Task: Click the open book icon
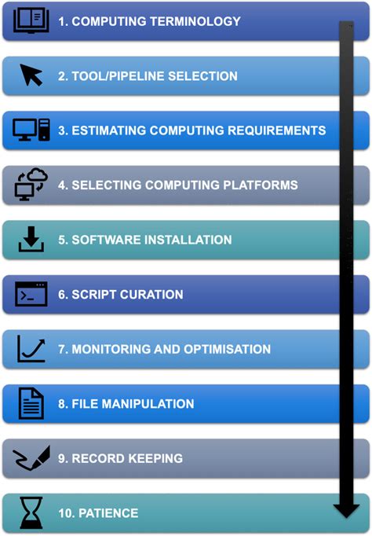pos(31,21)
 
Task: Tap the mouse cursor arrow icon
pos(31,75)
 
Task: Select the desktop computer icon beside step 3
pos(31,130)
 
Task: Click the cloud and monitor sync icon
pos(31,184)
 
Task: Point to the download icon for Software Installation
pos(31,239)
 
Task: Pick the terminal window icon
pos(31,294)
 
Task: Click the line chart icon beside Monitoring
pos(31,349)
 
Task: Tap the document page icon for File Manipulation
pos(31,403)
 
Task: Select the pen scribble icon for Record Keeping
pos(31,458)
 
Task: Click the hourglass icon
pos(31,512)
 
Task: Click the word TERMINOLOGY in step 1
pos(195,21)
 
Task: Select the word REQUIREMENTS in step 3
pos(277,130)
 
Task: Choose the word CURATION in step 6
pos(151,294)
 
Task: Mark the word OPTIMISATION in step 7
pos(228,349)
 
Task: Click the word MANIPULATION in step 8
pos(148,404)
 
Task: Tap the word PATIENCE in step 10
pos(108,513)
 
